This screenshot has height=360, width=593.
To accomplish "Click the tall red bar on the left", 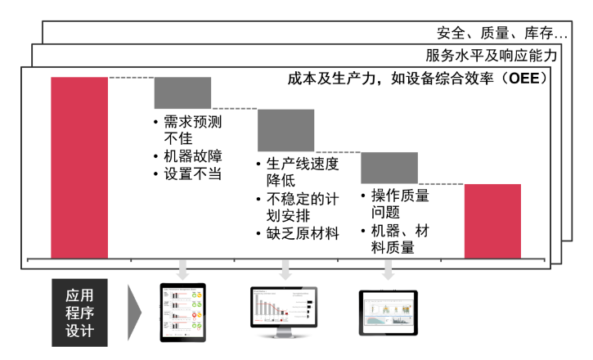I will click(x=79, y=168).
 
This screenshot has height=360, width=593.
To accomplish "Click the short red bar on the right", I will click(x=492, y=221).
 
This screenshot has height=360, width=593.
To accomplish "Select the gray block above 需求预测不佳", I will click(x=182, y=92).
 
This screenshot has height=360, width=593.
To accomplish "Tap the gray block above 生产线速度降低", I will click(x=285, y=130).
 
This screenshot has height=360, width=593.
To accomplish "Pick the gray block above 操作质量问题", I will click(x=389, y=168).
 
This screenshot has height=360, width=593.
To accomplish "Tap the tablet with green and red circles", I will click(x=182, y=313).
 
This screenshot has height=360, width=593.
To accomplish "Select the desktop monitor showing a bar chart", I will click(x=283, y=310).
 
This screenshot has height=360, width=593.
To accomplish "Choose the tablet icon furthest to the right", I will click(x=388, y=312).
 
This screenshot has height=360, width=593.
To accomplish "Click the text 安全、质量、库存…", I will click(x=502, y=34).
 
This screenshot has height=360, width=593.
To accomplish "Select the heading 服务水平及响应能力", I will click(x=492, y=56).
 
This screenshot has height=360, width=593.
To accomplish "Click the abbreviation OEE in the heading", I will click(x=523, y=79).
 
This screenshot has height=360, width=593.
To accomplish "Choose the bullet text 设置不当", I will click(x=193, y=173).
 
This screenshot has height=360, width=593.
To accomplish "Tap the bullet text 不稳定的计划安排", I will click(x=302, y=207).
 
